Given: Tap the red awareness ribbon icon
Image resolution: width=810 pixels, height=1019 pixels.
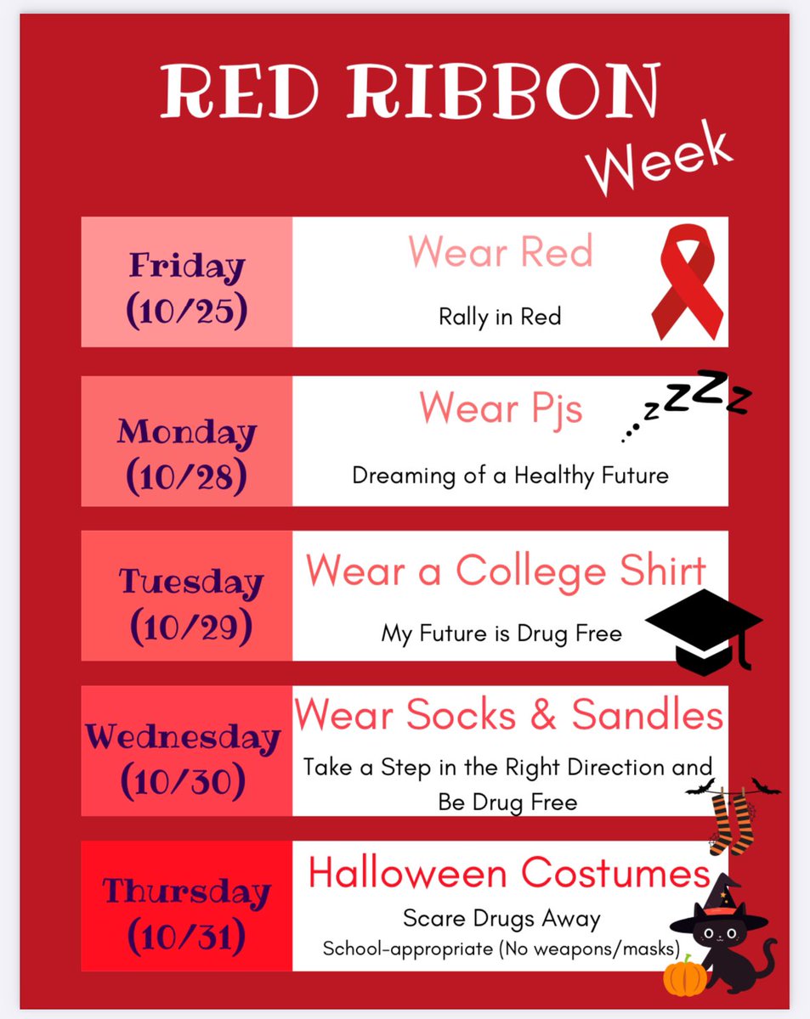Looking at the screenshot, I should (687, 284).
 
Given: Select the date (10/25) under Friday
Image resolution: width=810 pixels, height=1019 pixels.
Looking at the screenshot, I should (187, 312).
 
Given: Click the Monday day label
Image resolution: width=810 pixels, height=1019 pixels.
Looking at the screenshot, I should (187, 432).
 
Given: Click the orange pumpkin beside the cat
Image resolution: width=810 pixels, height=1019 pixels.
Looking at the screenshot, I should (685, 977).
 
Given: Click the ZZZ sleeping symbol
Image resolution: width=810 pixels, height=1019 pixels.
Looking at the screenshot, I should (688, 404).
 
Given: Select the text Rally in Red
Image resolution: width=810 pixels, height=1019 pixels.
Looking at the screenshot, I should (500, 317).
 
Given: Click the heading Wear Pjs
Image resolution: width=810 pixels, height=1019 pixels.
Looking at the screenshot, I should (501, 408).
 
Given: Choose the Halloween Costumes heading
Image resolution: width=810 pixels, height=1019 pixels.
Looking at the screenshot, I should (508, 872).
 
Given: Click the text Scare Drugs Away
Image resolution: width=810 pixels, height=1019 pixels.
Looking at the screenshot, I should (501, 918).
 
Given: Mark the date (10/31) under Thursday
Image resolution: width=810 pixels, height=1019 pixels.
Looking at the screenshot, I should (187, 937).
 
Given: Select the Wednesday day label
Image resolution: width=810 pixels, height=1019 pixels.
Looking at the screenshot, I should (182, 736).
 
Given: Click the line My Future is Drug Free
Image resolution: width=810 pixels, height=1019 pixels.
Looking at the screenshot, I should (501, 633).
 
